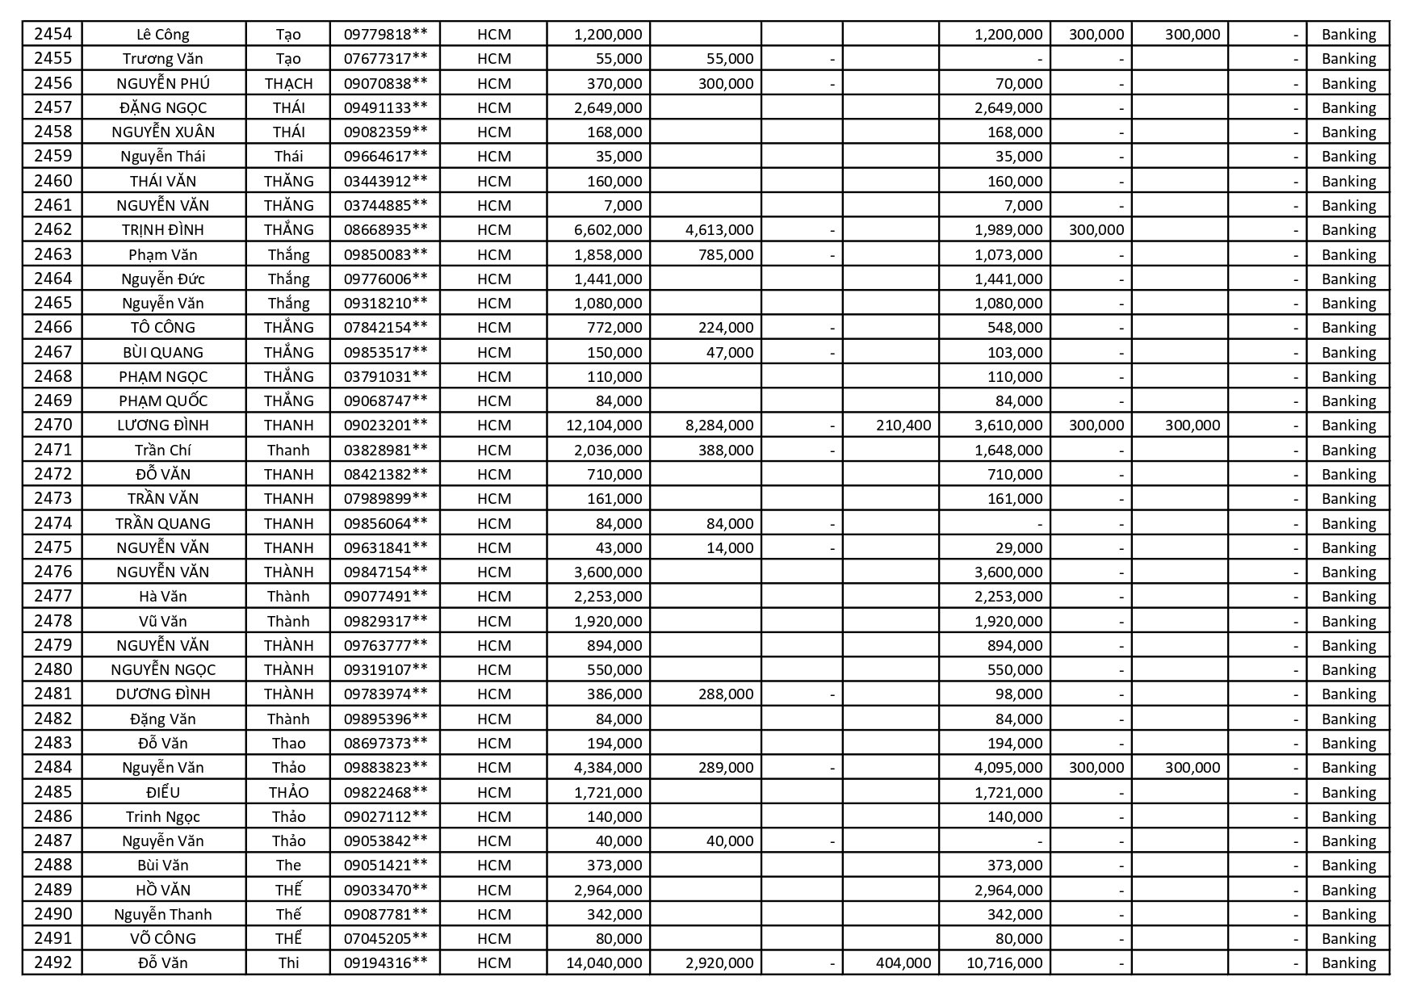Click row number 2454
tap(52, 34)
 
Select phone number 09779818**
tap(385, 34)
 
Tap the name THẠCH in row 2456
tap(288, 83)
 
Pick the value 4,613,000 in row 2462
tap(719, 229)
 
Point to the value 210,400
tap(903, 425)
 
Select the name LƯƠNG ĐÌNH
tap(163, 425)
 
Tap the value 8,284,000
tap(719, 425)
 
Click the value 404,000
tap(903, 962)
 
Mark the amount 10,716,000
tap(1004, 962)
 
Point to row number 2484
tap(52, 767)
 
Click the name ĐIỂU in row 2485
tap(163, 792)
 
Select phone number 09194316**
tap(385, 962)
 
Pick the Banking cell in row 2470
tap(1348, 425)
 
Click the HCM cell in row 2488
tap(493, 865)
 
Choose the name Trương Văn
tap(163, 58)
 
